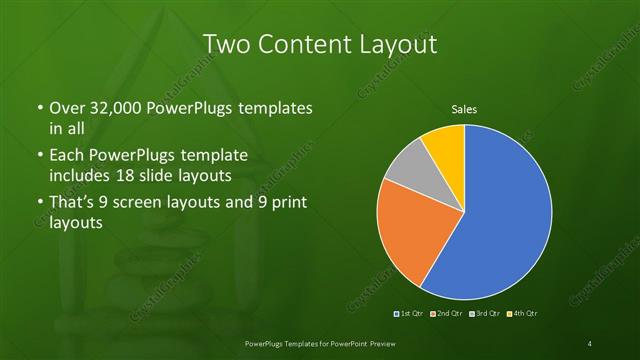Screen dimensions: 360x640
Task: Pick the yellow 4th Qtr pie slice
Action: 444,144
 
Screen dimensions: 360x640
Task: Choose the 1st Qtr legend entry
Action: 410,314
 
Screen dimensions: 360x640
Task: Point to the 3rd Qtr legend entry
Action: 484,314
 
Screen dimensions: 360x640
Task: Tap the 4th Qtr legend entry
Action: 522,314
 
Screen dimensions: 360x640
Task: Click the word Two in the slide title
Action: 228,45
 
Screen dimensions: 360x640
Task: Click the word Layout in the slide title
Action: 400,45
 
